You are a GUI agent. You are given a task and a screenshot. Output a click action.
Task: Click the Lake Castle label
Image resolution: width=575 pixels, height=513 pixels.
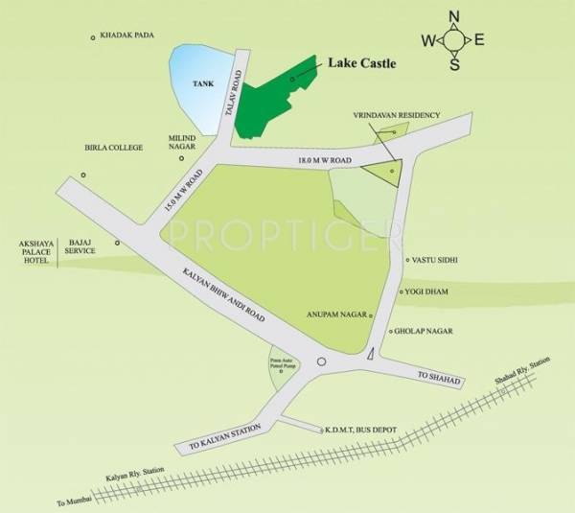coord(362,63)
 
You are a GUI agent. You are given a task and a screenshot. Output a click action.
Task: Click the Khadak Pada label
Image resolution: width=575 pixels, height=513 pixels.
coord(129,37)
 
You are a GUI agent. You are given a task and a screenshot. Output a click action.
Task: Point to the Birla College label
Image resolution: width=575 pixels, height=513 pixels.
coord(113,148)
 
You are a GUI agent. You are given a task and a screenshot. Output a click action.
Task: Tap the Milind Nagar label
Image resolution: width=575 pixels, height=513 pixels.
coord(182,143)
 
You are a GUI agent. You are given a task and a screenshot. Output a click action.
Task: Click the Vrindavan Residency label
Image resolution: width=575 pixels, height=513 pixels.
coord(395,116)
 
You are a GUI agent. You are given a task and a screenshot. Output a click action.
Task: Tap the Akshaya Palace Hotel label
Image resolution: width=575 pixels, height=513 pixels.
coord(29,250)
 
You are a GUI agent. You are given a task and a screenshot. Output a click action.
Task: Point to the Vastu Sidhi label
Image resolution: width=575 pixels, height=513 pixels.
coord(438,260)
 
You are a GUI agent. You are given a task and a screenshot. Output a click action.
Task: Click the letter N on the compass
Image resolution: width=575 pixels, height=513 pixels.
coord(454,15)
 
